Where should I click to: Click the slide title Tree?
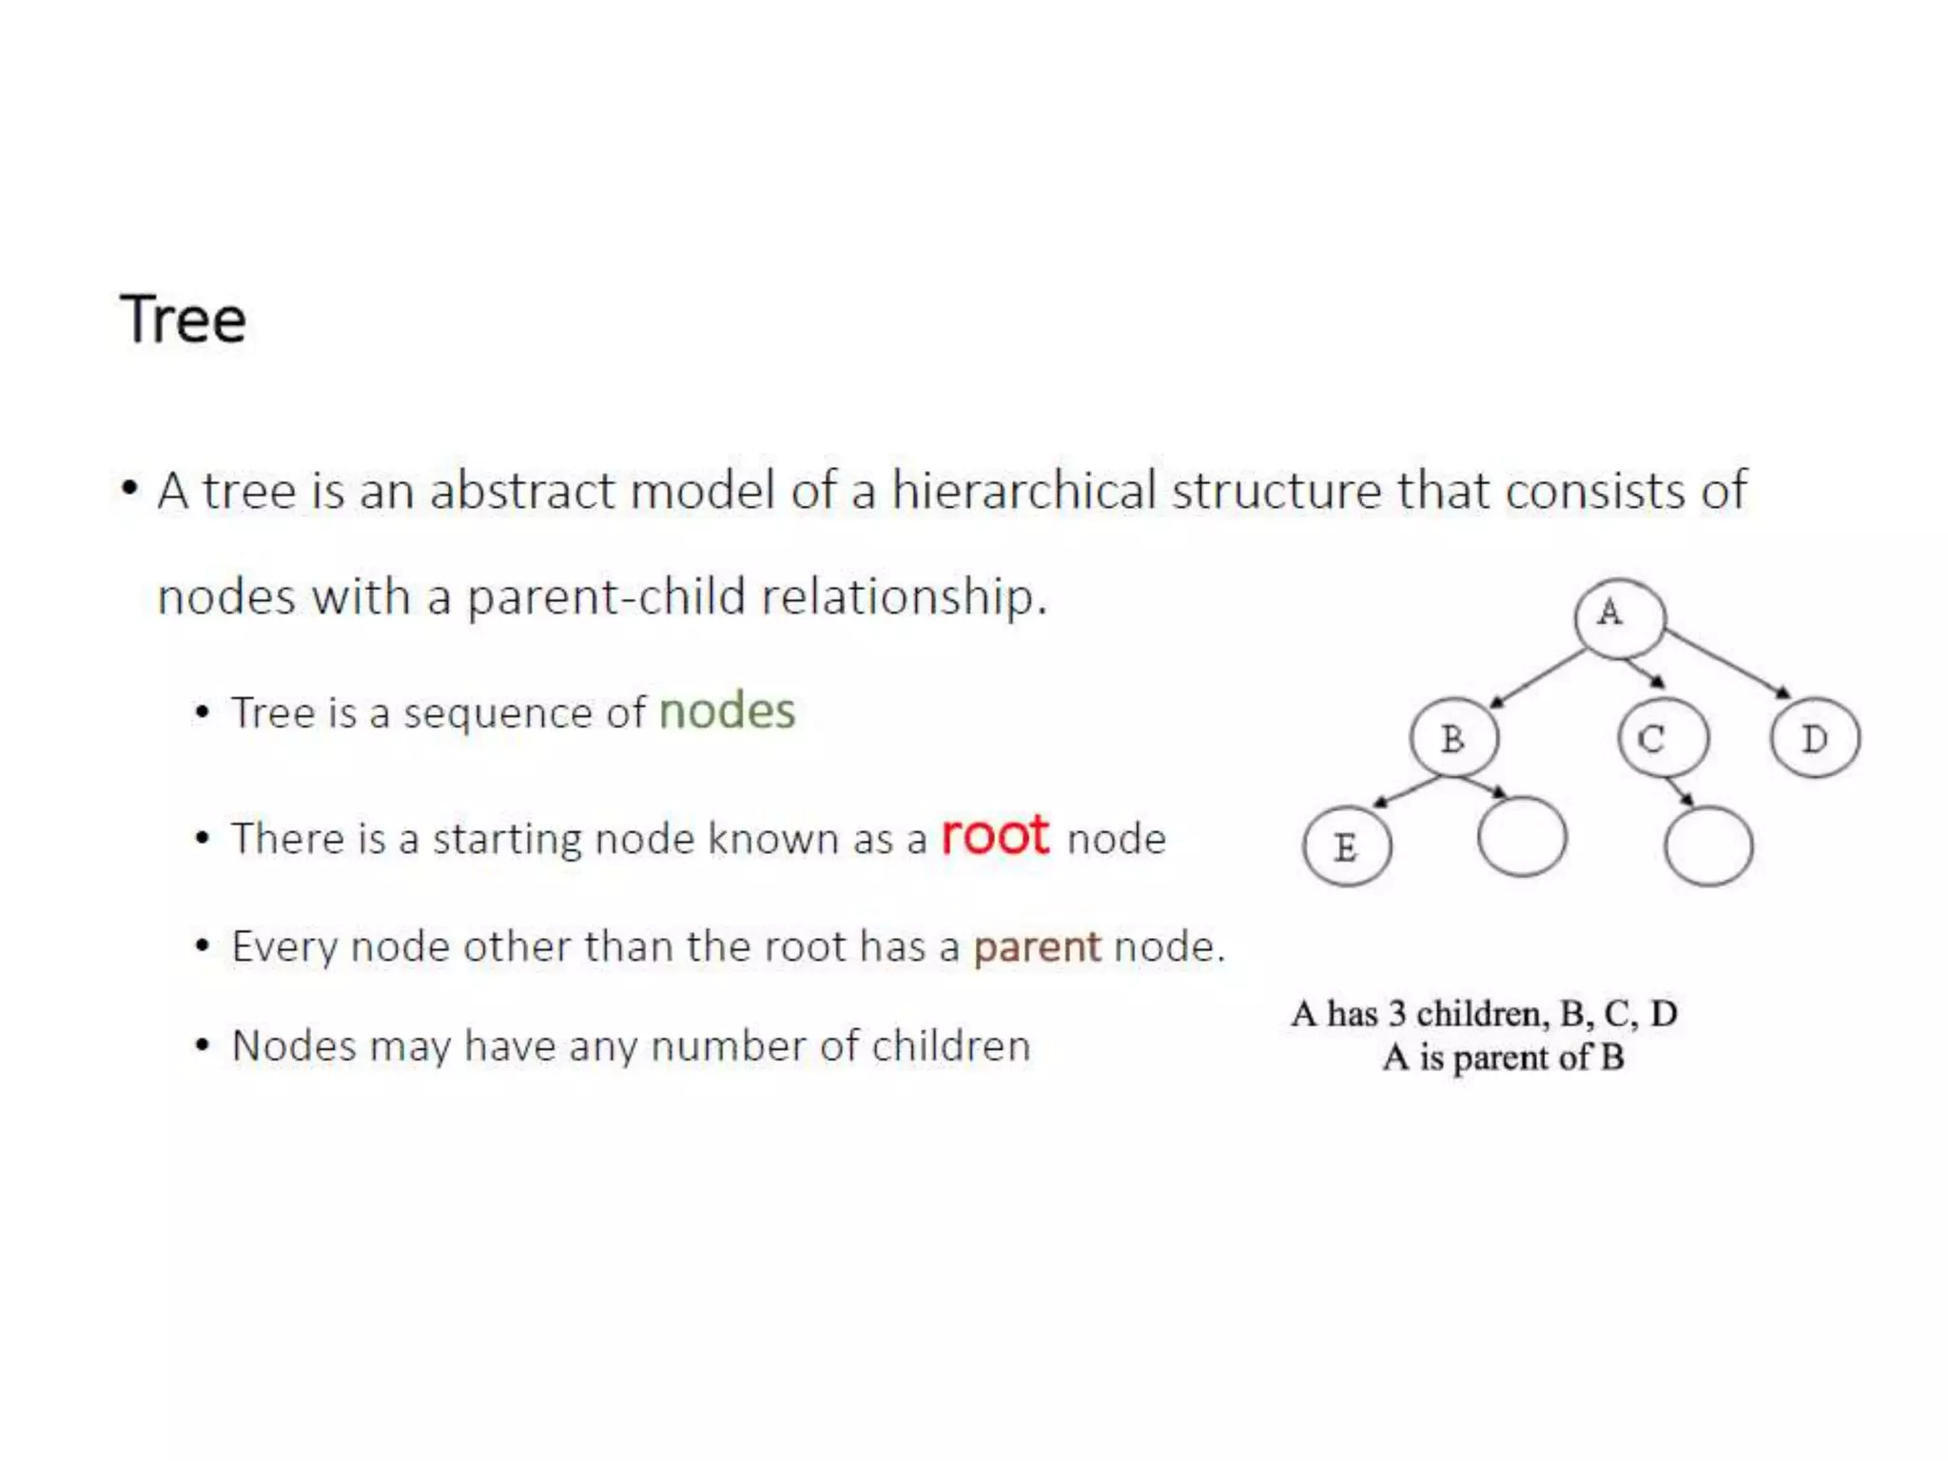point(183,320)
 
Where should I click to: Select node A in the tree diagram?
point(1619,617)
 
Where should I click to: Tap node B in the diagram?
point(1454,739)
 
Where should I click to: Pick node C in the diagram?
point(1663,739)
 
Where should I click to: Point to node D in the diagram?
point(1815,739)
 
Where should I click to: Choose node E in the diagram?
point(1347,847)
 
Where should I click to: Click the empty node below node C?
point(1708,847)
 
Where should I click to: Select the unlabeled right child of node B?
point(1522,837)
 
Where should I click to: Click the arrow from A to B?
point(1537,679)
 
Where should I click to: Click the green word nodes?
point(727,711)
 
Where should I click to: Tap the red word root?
point(995,836)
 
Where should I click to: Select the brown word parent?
point(1037,947)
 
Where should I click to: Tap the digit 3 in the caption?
point(1396,1014)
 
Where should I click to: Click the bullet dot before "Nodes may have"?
point(202,1046)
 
